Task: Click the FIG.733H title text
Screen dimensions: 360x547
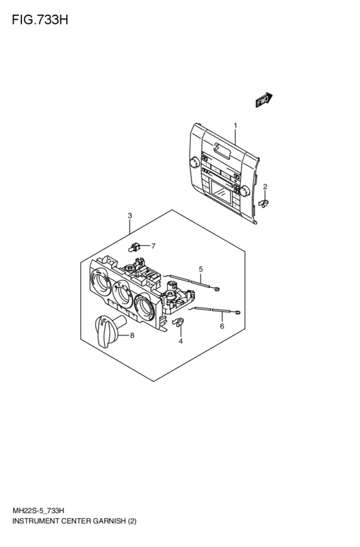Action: (x=40, y=20)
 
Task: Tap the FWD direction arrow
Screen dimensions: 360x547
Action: (x=264, y=100)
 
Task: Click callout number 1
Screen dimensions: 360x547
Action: (x=235, y=125)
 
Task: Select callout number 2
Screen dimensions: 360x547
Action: (x=265, y=186)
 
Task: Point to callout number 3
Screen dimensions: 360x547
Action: (x=130, y=215)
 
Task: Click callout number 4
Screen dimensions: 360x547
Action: (x=181, y=341)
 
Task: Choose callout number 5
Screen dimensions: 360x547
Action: (x=201, y=269)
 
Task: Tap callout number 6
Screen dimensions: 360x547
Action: (x=222, y=326)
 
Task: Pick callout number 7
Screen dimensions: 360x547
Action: (x=153, y=246)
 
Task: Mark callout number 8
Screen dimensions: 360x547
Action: (x=132, y=336)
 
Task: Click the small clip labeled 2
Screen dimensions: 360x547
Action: (x=264, y=202)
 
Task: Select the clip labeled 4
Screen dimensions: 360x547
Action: (x=178, y=322)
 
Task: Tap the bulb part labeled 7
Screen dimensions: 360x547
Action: (x=134, y=247)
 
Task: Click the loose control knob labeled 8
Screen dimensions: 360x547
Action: (x=109, y=330)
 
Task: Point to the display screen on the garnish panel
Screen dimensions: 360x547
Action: (x=221, y=192)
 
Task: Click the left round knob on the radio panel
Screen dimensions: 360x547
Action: (x=194, y=163)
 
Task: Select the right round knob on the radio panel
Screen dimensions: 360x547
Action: (x=244, y=191)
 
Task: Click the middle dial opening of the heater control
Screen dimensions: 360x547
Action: (x=122, y=293)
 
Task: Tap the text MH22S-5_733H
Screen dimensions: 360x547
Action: (x=39, y=511)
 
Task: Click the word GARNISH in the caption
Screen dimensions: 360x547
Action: (x=109, y=521)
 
